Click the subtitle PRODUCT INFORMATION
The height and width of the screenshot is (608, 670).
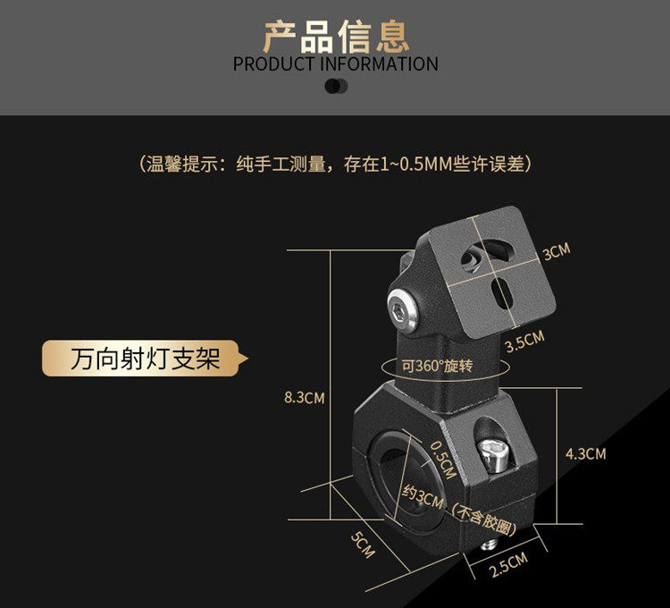[335, 64]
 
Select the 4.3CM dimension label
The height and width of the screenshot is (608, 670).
[585, 454]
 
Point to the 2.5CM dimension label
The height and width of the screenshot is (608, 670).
[509, 566]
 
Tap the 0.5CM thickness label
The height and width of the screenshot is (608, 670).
[443, 458]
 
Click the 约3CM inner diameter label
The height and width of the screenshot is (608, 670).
[423, 494]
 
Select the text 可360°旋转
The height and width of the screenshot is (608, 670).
[437, 366]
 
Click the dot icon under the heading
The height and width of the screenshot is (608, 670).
[335, 86]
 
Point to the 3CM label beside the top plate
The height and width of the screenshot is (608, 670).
[556, 252]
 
